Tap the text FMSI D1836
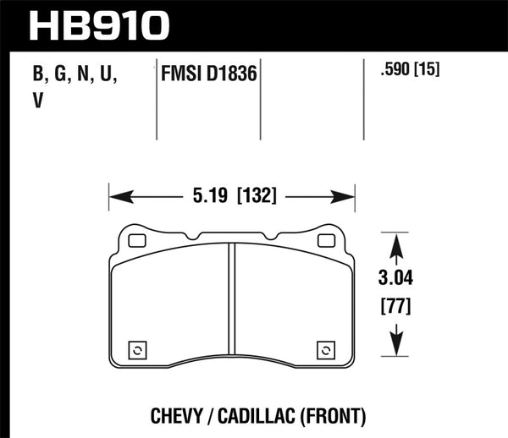coord(209,75)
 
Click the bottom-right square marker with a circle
coord(325,350)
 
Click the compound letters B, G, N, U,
coord(74,75)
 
